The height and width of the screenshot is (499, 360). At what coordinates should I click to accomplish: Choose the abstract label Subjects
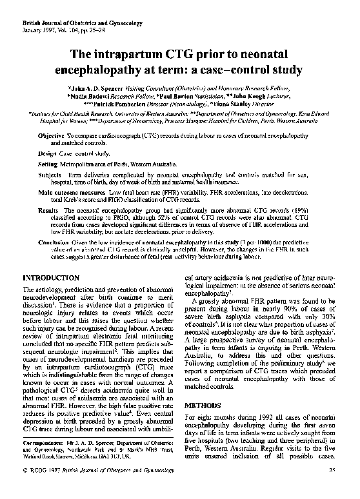coord(50,175)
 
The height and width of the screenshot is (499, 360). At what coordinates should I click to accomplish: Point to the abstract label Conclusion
coord(54,241)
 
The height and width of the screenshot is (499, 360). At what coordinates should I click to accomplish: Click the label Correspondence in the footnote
coord(42,461)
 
